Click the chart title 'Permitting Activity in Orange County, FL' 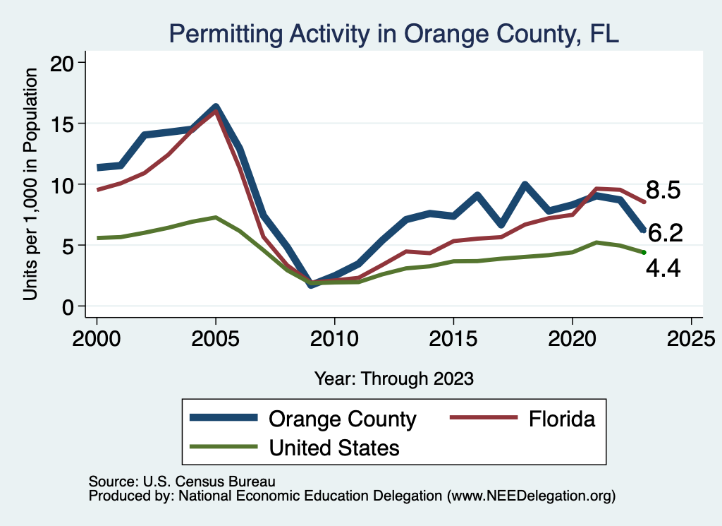coord(393,33)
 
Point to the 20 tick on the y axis coord(66,63)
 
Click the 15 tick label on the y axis coord(66,124)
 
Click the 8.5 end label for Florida coord(663,190)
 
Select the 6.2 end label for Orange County coord(665,232)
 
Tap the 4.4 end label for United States coord(663,268)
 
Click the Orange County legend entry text coord(343,419)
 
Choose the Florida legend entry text coord(562,419)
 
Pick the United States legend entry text coord(334,447)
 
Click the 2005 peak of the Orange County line coord(216,108)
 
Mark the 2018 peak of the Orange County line coord(525,185)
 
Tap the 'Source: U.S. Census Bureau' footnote coord(182,481)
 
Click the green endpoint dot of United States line coord(643,253)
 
